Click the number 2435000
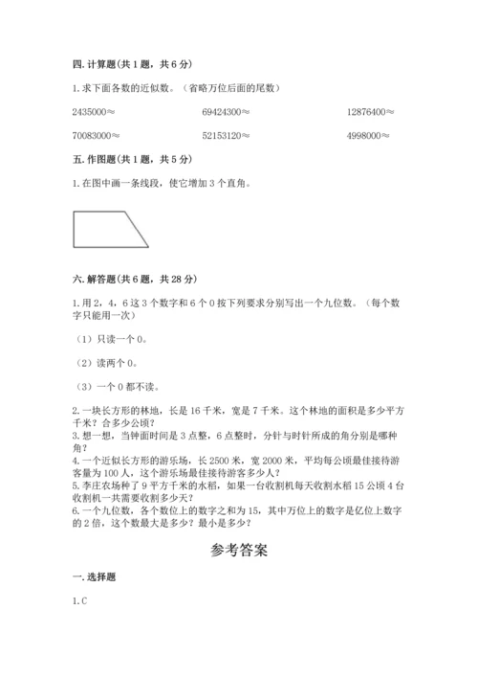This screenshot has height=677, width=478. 89,112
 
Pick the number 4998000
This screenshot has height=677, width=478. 365,135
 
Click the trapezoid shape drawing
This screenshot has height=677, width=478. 110,229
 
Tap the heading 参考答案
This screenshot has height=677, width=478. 238,551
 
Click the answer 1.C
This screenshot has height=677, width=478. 79,600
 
